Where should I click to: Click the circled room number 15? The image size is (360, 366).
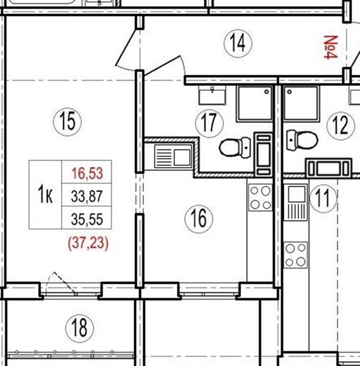[x=68, y=122]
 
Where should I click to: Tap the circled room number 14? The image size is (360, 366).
[x=238, y=43]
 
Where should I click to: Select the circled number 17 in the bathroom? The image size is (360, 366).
[x=209, y=123]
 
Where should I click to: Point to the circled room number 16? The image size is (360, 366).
[x=199, y=219]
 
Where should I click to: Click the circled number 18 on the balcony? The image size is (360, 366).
[x=79, y=328]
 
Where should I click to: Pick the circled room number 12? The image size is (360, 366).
[x=341, y=126]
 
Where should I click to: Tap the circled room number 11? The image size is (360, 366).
[x=323, y=198]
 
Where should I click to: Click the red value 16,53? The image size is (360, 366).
[x=87, y=173]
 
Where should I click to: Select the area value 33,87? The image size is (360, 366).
[x=87, y=196]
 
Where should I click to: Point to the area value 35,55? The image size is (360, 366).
[x=87, y=219]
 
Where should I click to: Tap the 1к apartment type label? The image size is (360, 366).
[x=45, y=196]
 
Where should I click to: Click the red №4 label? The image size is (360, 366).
[x=331, y=47]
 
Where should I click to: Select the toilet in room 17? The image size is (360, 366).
[x=235, y=147]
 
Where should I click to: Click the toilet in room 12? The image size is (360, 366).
[x=302, y=140]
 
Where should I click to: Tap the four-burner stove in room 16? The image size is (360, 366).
[x=261, y=198]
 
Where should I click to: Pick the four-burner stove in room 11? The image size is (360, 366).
[x=295, y=255]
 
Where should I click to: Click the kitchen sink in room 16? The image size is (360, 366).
[x=173, y=156]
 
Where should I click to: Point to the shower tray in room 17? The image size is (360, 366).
[x=254, y=104]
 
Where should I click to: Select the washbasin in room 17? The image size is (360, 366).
[x=212, y=95]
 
